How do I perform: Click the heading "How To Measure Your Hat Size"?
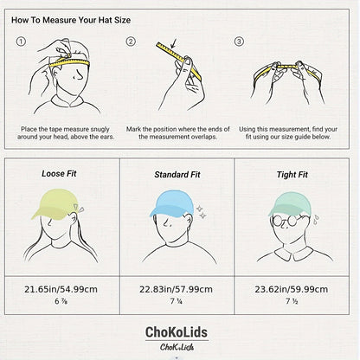71,20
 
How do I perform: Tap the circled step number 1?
21,42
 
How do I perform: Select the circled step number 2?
131,42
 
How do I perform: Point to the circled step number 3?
239,42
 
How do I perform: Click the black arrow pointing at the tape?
174,43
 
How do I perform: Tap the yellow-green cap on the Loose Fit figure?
54,203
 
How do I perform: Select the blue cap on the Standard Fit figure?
171,203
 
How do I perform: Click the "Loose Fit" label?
59,174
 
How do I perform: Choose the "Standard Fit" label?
177,175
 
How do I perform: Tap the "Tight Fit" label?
292,175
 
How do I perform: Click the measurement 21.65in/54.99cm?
61,289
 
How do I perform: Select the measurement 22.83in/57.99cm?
176,289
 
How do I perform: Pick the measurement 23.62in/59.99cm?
292,289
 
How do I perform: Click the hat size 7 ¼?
176,301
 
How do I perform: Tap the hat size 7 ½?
292,301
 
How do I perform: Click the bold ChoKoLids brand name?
177,332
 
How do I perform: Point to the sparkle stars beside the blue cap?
201,212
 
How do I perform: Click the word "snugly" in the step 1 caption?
100,129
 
